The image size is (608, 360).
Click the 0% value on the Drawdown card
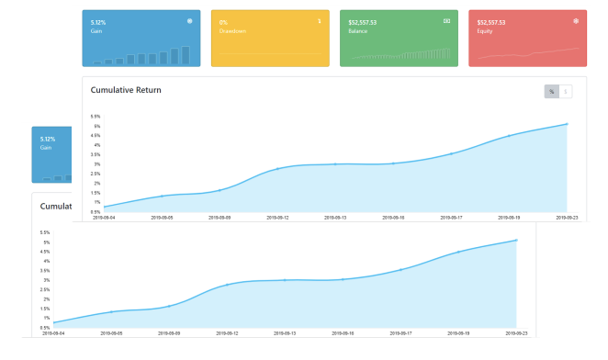[223, 22]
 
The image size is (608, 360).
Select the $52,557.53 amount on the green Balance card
[364, 22]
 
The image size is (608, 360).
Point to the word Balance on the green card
[358, 31]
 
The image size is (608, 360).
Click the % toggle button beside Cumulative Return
[551, 91]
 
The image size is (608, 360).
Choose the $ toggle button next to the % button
[565, 91]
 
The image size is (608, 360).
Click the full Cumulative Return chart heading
[126, 90]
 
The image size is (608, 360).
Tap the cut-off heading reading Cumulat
[56, 206]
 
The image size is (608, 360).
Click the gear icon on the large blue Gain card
[190, 20]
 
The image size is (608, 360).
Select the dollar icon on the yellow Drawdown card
[319, 20]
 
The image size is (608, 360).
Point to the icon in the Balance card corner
[447, 20]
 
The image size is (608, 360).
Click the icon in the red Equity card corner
[576, 20]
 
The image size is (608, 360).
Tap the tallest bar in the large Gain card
[186, 55]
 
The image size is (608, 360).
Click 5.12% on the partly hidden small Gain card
[48, 139]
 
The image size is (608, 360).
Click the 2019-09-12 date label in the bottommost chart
[227, 333]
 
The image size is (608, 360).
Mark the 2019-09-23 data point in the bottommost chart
[516, 241]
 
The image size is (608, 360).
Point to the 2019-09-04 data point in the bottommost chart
[54, 322]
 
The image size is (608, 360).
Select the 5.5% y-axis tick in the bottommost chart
[44, 232]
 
